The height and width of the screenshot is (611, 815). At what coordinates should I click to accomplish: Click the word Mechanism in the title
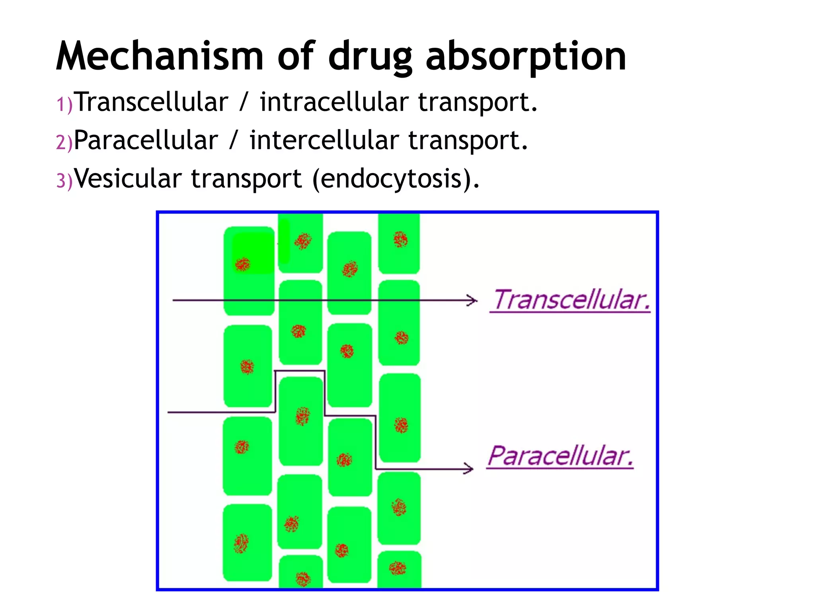point(159,56)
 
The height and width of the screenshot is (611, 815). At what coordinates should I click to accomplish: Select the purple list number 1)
point(64,105)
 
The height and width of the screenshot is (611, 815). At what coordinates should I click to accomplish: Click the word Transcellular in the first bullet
point(151,102)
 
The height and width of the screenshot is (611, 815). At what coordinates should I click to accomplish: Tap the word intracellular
point(334,102)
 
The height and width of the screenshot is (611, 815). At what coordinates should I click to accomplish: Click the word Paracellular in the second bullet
point(146,140)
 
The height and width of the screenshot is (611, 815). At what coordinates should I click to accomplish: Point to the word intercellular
point(324,140)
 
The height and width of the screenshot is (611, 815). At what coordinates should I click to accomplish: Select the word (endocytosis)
point(396,179)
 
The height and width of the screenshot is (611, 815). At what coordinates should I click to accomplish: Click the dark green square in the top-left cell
point(253,253)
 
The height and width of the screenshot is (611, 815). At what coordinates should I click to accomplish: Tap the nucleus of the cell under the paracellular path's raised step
point(302,416)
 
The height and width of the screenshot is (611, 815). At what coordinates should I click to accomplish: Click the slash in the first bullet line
point(244,102)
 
